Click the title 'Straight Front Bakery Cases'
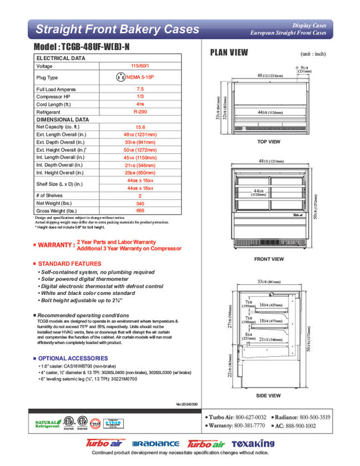(x=116, y=29)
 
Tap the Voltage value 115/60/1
(x=140, y=67)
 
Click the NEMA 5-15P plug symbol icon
(x=120, y=77)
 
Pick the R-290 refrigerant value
(x=140, y=113)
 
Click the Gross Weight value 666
(x=140, y=210)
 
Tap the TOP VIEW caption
(x=270, y=142)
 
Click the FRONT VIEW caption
(x=270, y=258)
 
